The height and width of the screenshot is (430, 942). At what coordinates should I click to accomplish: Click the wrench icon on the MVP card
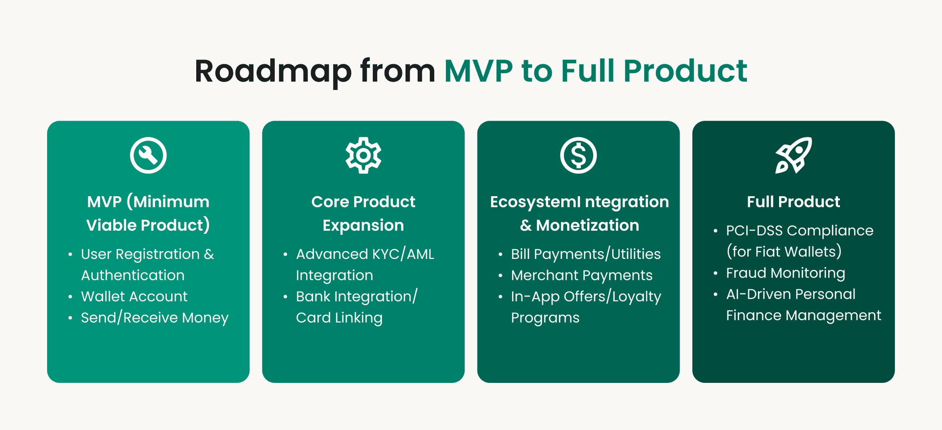[148, 155]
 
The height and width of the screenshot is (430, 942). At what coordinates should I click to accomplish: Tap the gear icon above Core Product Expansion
[363, 155]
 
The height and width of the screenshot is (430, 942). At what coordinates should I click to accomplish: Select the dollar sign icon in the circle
[578, 155]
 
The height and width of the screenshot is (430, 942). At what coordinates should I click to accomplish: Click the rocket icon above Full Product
[793, 155]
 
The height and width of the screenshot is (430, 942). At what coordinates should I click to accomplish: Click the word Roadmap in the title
[273, 72]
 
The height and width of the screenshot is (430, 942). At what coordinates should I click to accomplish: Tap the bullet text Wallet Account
[134, 297]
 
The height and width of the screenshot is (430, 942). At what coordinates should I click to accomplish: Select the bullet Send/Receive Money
[155, 318]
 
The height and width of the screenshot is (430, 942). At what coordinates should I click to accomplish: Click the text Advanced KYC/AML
[365, 254]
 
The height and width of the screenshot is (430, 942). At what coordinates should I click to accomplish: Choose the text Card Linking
[339, 318]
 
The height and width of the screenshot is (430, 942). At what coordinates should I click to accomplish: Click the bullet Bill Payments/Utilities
[585, 254]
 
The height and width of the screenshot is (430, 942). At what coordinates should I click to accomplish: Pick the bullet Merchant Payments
[581, 276]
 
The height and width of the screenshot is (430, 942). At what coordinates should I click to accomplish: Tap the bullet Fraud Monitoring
[785, 273]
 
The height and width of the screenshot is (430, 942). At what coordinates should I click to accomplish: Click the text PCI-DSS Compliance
[799, 231]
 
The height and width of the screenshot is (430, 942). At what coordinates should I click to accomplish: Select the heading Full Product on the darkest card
[793, 202]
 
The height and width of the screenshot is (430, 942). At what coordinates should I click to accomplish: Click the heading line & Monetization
[579, 226]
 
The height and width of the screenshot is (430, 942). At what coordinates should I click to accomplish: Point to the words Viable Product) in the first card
[148, 226]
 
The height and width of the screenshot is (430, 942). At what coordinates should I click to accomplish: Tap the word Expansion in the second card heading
[363, 226]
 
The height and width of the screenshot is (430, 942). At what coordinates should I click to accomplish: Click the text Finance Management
[803, 315]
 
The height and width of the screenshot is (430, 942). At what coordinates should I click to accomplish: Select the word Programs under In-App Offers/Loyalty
[545, 318]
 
